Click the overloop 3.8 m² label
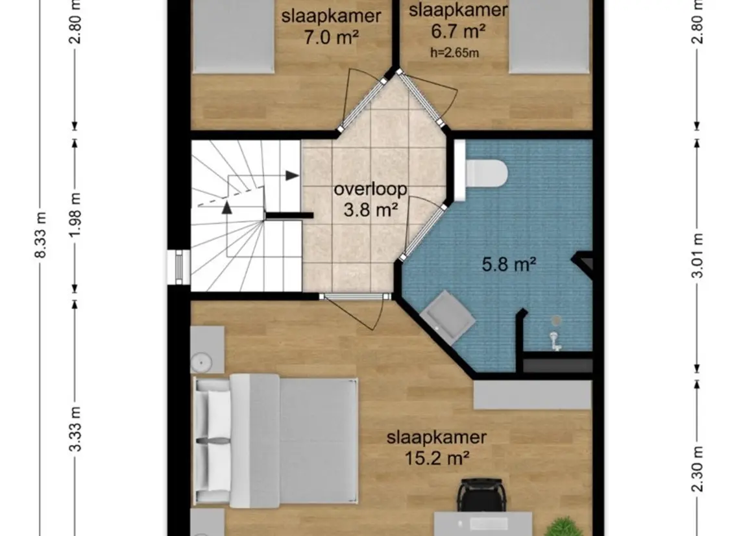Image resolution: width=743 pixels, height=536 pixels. click(x=370, y=199)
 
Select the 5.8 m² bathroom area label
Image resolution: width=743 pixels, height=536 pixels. click(x=509, y=264)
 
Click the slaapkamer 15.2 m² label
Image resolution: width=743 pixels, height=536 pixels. click(x=437, y=448)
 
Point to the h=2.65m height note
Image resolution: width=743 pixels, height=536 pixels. click(x=454, y=53)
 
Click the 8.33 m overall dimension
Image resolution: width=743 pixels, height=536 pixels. click(x=42, y=235)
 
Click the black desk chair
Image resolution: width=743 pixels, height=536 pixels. click(x=481, y=494)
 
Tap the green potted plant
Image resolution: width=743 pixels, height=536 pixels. click(x=563, y=526)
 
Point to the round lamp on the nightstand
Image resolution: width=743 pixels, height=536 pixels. click(x=201, y=363)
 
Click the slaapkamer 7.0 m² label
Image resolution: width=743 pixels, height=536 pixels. click(x=331, y=26)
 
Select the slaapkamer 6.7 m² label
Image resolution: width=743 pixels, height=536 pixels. click(x=457, y=21)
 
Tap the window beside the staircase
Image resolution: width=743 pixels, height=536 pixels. click(x=179, y=267)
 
